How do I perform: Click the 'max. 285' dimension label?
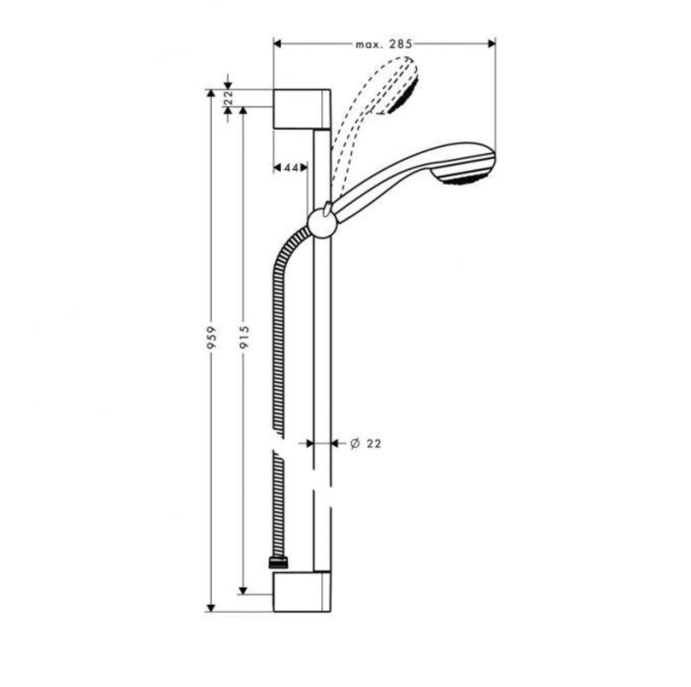[384, 44]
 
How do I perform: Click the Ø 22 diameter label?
[366, 443]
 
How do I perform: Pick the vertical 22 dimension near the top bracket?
[229, 98]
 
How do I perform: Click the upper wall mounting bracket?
[302, 109]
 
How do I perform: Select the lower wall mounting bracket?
[302, 591]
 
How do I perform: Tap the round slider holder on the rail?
[322, 221]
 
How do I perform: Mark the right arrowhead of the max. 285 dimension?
[492, 44]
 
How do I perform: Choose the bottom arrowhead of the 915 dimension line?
[243, 589]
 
